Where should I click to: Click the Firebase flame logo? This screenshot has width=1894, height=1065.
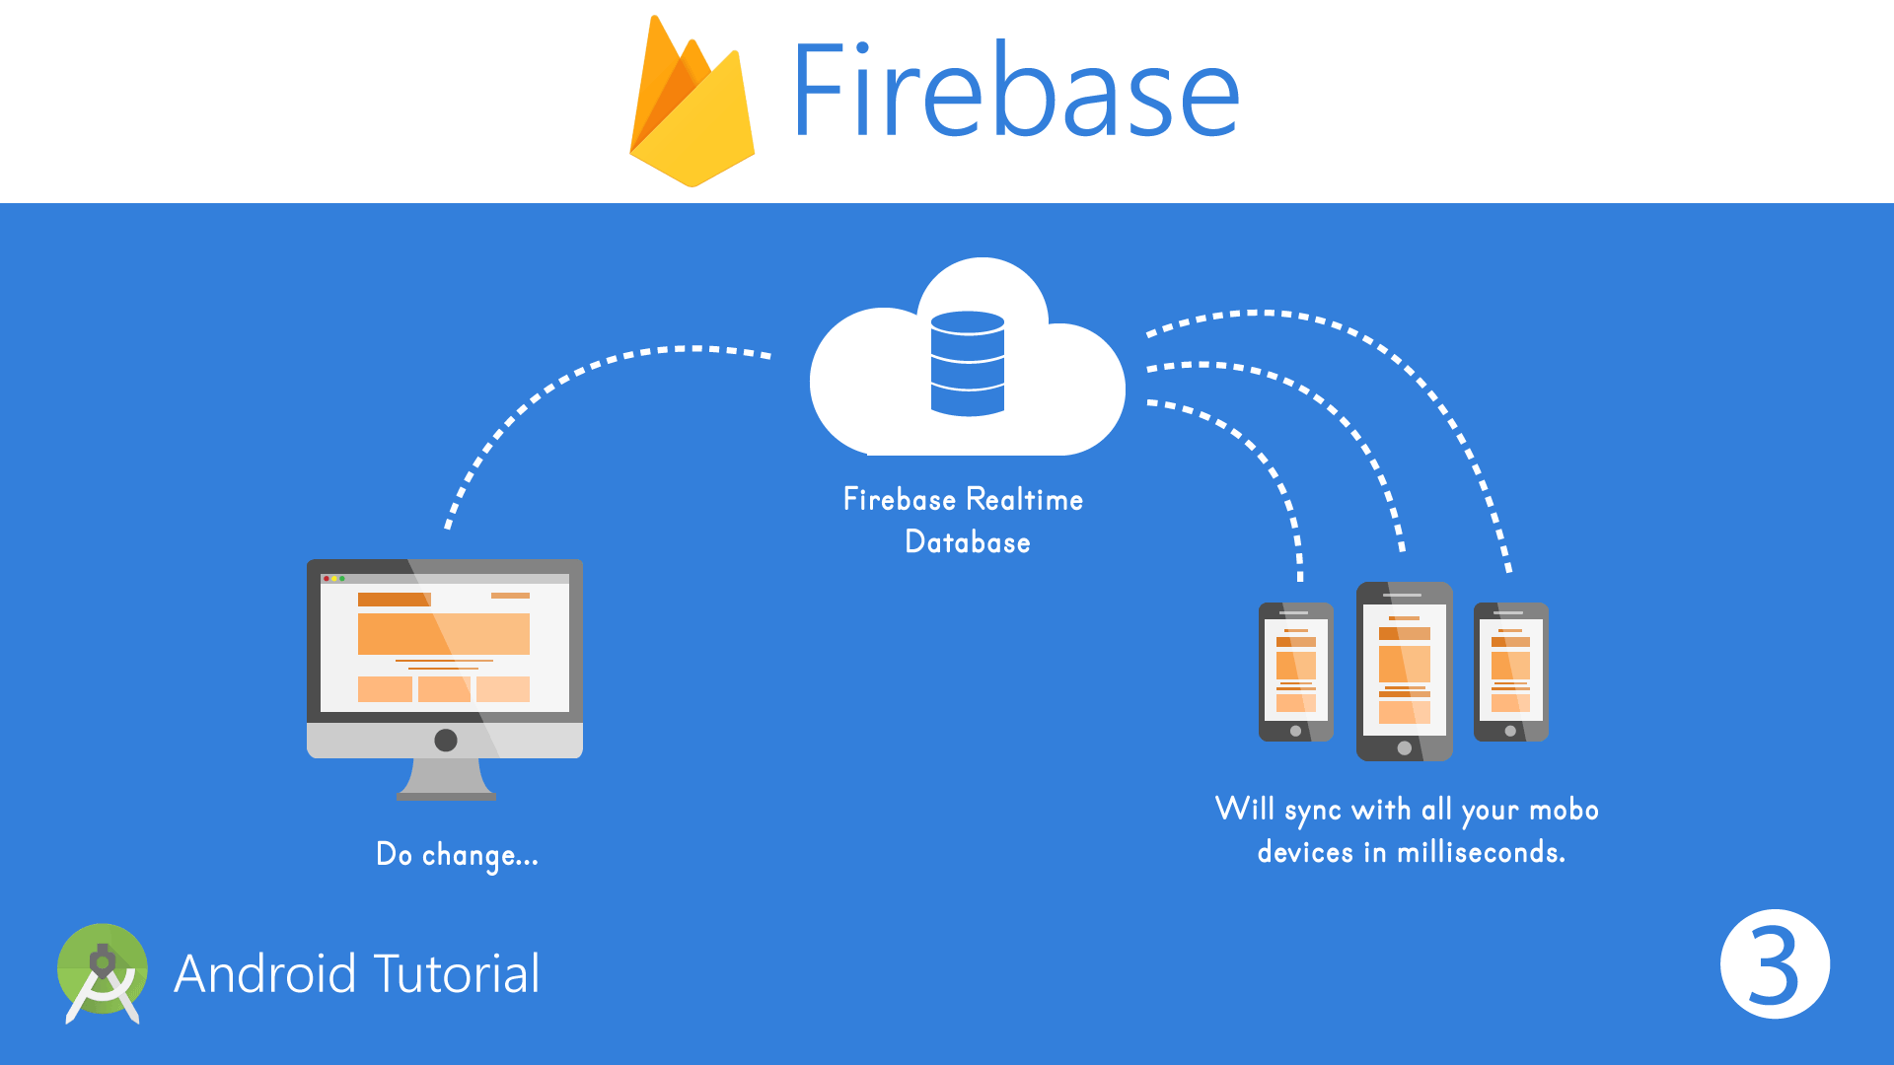pyautogui.click(x=692, y=108)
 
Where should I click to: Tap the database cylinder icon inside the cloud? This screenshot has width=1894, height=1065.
pyautogui.click(x=967, y=363)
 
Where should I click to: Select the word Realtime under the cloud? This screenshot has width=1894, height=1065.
pyautogui.click(x=1024, y=500)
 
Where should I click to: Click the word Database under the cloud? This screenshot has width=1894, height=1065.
pyautogui.click(x=967, y=542)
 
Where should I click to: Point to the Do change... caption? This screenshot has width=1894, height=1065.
pyautogui.click(x=457, y=855)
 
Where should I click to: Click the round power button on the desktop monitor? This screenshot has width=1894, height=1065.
pyautogui.click(x=446, y=740)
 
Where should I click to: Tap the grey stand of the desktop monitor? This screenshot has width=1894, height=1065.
pyautogui.click(x=446, y=779)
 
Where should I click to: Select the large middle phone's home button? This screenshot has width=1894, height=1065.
pyautogui.click(x=1404, y=748)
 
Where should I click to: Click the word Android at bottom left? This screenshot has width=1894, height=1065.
pyautogui.click(x=264, y=974)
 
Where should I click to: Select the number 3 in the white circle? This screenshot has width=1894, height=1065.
pyautogui.click(x=1774, y=965)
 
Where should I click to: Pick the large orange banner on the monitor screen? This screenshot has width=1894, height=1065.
pyautogui.click(x=443, y=634)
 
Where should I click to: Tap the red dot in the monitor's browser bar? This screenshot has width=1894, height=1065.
pyautogui.click(x=327, y=579)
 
